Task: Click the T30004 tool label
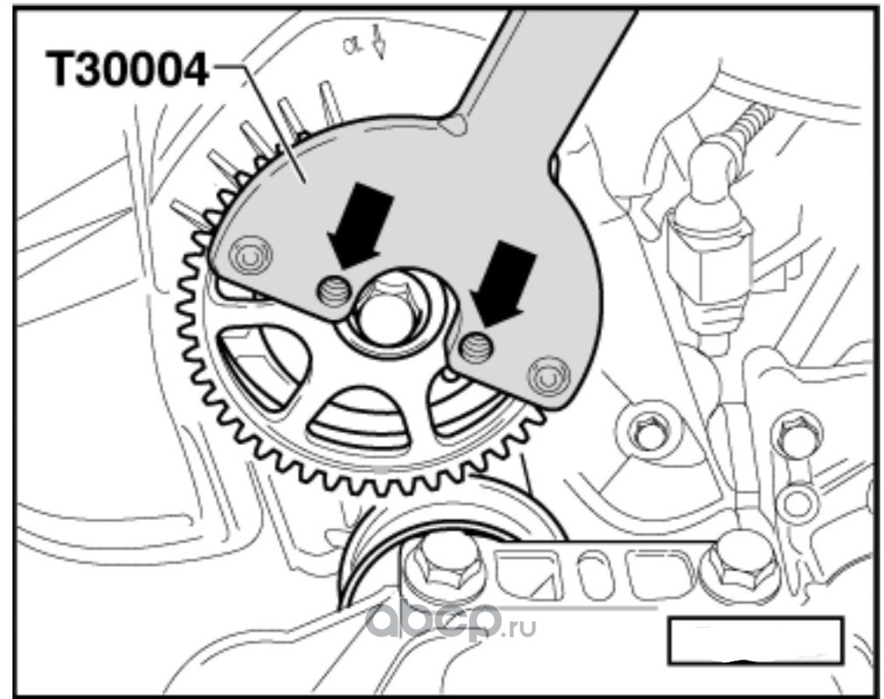[x=127, y=69]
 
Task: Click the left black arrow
[x=359, y=222]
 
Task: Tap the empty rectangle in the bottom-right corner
[x=756, y=641]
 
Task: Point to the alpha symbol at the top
[x=350, y=45]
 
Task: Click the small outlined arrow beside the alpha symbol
[x=381, y=43]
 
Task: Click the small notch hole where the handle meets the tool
[x=455, y=123]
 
